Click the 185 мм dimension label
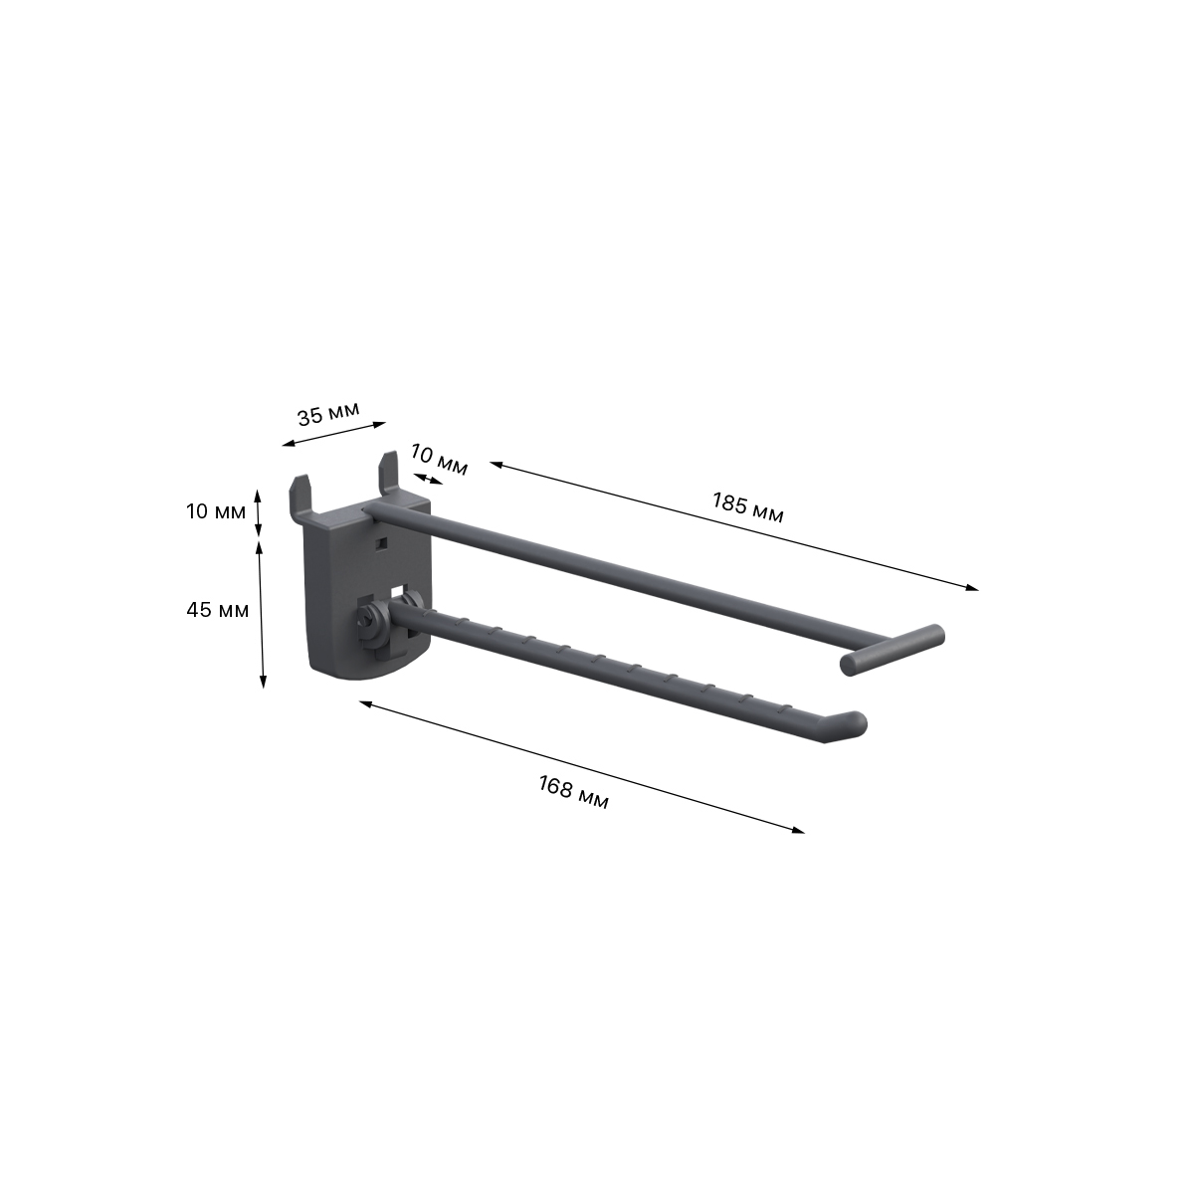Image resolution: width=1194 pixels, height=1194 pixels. pos(747,506)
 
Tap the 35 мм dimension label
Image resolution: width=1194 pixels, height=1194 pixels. pos(327,414)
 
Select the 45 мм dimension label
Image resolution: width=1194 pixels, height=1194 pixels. pos(218,610)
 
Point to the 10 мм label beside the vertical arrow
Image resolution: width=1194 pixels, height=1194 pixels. pos(215,511)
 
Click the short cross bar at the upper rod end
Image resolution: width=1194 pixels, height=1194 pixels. pos(891,650)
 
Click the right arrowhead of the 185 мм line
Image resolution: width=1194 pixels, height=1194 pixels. pos(974,589)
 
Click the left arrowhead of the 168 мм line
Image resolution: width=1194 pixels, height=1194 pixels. pos(364,702)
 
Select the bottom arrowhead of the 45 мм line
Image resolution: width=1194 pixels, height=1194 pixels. pos(263,684)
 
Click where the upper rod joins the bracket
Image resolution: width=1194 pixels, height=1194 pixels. pos(370,511)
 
